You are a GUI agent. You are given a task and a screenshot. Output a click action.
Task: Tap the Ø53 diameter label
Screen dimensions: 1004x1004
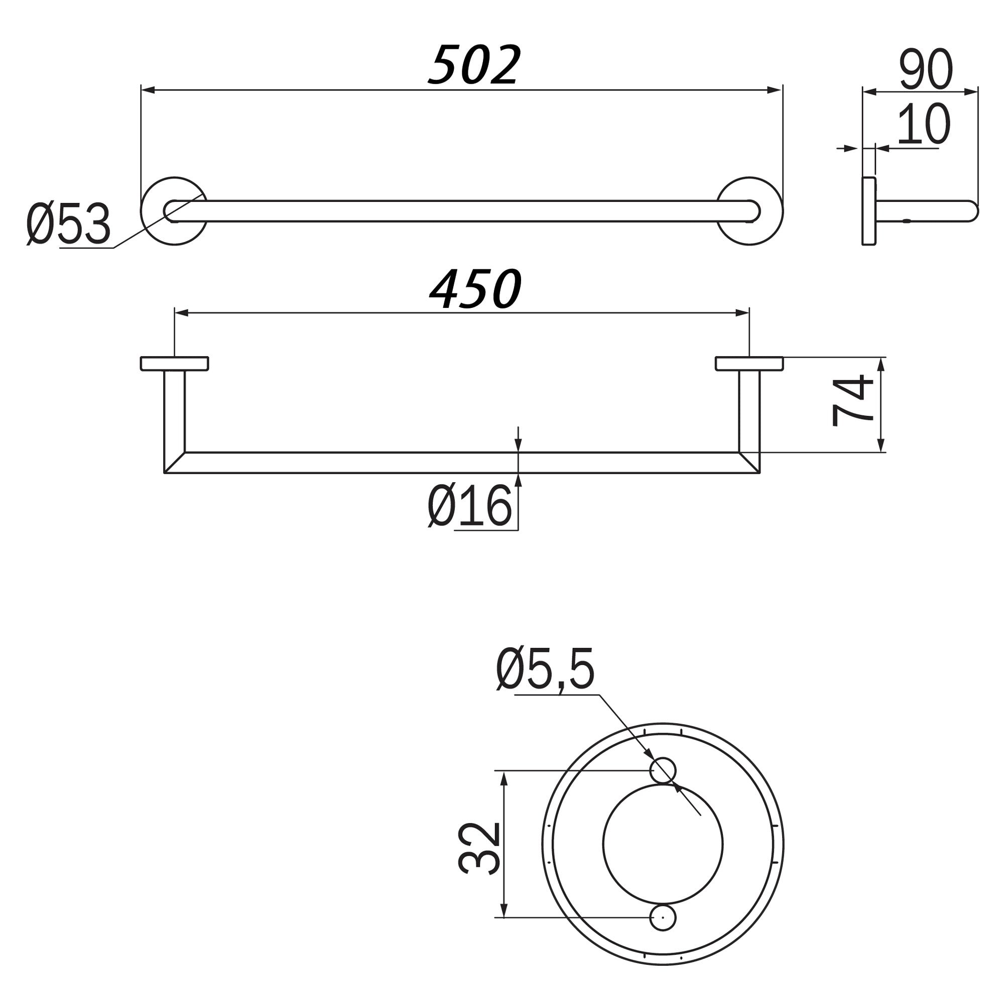pyautogui.click(x=69, y=224)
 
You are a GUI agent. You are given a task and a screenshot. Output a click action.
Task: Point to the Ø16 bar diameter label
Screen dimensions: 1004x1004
pyautogui.click(x=470, y=506)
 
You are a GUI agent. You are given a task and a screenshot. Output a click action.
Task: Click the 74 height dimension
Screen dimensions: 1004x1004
pyautogui.click(x=852, y=401)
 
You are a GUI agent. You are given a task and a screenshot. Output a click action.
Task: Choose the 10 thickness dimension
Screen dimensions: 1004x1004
pyautogui.click(x=924, y=125)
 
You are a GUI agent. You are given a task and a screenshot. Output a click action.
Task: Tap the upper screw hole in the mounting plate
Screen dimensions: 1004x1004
pyautogui.click(x=663, y=770)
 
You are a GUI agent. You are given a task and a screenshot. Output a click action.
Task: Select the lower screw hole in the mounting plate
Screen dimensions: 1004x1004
pyautogui.click(x=663, y=918)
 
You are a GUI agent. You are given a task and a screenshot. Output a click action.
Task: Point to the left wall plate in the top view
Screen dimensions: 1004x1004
pyautogui.click(x=175, y=364)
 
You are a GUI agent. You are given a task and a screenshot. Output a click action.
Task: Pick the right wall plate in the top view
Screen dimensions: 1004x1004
pyautogui.click(x=749, y=364)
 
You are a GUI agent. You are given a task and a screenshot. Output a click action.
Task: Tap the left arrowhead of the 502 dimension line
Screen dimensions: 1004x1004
pyautogui.click(x=148, y=90)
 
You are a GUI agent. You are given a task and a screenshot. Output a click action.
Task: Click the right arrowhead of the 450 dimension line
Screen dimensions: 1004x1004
pyautogui.click(x=742, y=312)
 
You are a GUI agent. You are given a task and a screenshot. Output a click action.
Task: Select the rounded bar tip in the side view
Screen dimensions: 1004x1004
pyautogui.click(x=973, y=211)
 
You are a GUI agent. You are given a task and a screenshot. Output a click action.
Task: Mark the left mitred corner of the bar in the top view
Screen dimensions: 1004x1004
pyautogui.click(x=174, y=463)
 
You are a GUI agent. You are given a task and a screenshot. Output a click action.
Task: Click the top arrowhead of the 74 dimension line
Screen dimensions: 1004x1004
pyautogui.click(x=881, y=364)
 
